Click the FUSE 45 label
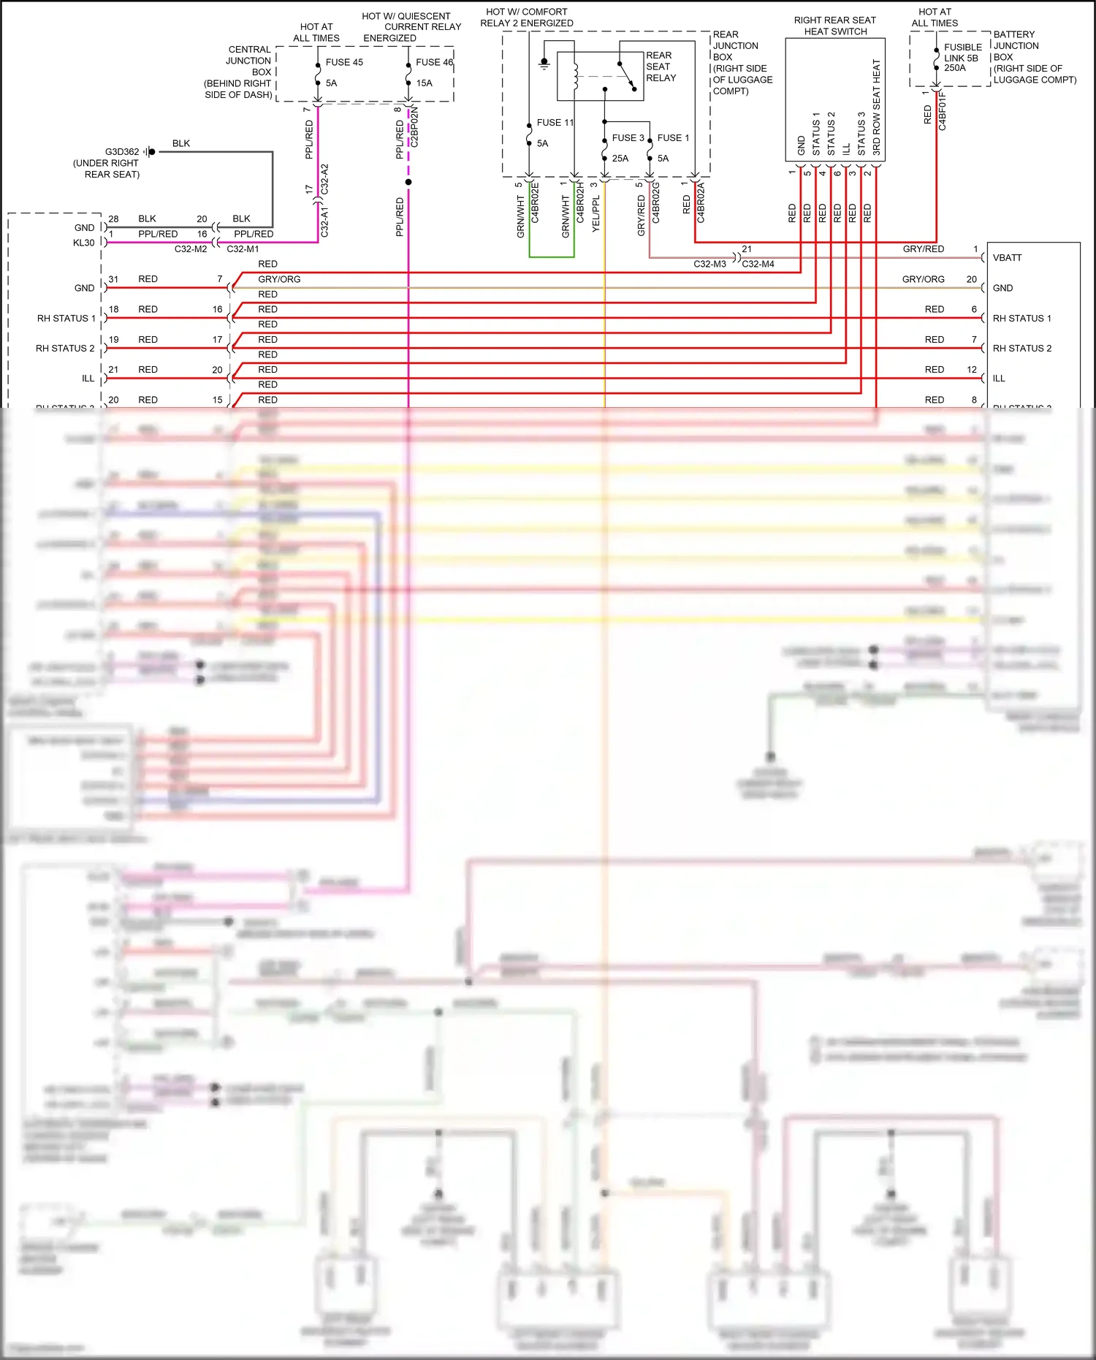pyautogui.click(x=343, y=62)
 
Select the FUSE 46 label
pyautogui.click(x=434, y=62)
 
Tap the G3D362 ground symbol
pyautogui.click(x=150, y=152)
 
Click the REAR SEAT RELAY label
pyautogui.click(x=661, y=67)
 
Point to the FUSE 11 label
pyautogui.click(x=555, y=123)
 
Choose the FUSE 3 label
pyautogui.click(x=628, y=138)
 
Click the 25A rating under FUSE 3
pyautogui.click(x=620, y=159)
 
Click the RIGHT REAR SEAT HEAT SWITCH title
pyautogui.click(x=834, y=26)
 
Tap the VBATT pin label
pyautogui.click(x=1007, y=258)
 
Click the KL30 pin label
pyautogui.click(x=83, y=243)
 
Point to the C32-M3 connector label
pyautogui.click(x=709, y=264)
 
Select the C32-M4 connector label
pyautogui.click(x=758, y=264)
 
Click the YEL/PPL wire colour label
pyautogui.click(x=596, y=213)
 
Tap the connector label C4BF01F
pyautogui.click(x=943, y=111)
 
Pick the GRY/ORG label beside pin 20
pyautogui.click(x=923, y=279)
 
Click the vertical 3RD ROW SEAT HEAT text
pyautogui.click(x=876, y=107)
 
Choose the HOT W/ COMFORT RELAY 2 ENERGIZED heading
pyautogui.click(x=526, y=18)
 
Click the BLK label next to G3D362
pyautogui.click(x=180, y=143)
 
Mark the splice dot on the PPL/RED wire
pyautogui.click(x=408, y=182)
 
